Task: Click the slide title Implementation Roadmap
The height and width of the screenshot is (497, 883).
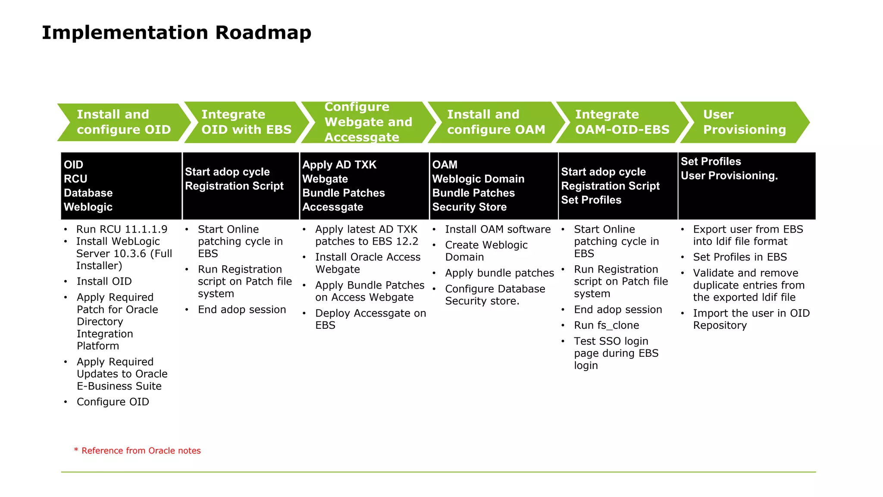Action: tap(176, 32)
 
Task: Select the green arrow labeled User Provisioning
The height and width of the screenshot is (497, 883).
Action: tap(744, 122)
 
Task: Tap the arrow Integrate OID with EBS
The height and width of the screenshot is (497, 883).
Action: tap(246, 122)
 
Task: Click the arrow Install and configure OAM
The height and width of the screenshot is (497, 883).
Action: tap(496, 122)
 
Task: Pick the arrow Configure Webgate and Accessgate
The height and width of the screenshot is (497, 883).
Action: tap(368, 122)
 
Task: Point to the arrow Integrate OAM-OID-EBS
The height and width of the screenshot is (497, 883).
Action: tap(622, 122)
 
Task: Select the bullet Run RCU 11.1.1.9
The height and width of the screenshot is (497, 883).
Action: tap(122, 229)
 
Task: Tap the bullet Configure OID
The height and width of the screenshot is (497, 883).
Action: tap(113, 402)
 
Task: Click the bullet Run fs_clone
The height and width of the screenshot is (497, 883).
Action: tap(606, 325)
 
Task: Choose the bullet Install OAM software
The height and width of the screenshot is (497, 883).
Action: tap(498, 229)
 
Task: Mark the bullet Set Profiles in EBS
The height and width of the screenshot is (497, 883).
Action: tap(740, 257)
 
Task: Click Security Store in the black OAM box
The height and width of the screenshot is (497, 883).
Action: tap(469, 207)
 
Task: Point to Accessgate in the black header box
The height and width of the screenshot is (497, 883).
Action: tap(332, 207)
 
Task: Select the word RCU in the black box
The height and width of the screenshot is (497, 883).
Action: tap(75, 179)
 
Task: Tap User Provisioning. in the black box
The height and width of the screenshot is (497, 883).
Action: tap(729, 176)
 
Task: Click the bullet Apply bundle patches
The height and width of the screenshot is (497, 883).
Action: tap(499, 273)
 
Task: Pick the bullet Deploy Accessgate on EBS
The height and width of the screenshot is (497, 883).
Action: tap(370, 319)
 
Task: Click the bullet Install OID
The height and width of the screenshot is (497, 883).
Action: tap(104, 281)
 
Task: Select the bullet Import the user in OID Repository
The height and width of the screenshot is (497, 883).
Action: tap(751, 319)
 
